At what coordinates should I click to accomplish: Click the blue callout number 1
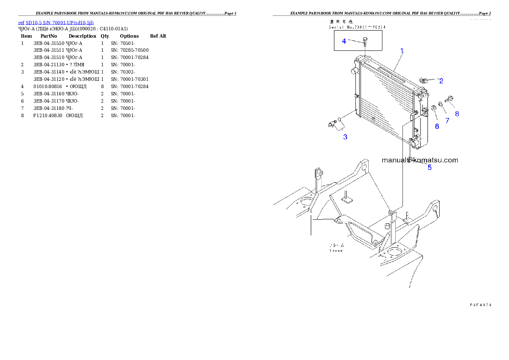(402, 50)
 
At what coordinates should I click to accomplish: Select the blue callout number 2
(441, 80)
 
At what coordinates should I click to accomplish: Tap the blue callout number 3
(345, 137)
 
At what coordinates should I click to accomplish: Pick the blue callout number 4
(344, 41)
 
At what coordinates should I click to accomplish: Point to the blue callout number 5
(430, 168)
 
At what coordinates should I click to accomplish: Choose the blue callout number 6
(437, 126)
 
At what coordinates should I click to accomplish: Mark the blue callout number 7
(447, 121)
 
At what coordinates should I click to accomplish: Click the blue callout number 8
(457, 114)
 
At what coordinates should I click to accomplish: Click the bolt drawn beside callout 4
(364, 41)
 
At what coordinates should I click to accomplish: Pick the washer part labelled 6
(433, 107)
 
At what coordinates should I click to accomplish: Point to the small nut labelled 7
(441, 104)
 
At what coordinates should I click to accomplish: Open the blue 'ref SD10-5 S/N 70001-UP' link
(56, 22)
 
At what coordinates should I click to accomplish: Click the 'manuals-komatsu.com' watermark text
(420, 160)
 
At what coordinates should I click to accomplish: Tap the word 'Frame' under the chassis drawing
(336, 251)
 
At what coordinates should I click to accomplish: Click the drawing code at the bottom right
(480, 305)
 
